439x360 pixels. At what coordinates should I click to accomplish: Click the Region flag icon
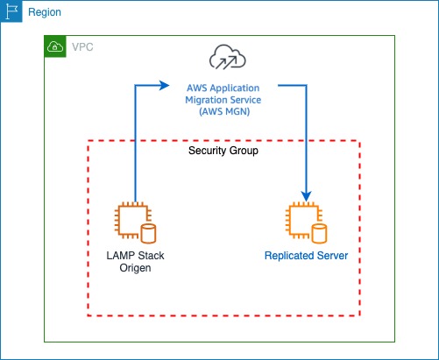pyautogui.click(x=11, y=11)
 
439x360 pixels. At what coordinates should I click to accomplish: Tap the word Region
pyautogui.click(x=45, y=12)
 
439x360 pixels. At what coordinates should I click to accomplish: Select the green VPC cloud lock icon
pyautogui.click(x=55, y=46)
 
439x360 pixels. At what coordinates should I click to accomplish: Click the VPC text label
pyautogui.click(x=82, y=47)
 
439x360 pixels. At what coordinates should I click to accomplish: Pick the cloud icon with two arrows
pyautogui.click(x=228, y=57)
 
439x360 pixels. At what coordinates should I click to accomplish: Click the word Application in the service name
pyautogui.click(x=235, y=88)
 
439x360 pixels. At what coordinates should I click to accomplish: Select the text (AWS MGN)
pyautogui.click(x=224, y=111)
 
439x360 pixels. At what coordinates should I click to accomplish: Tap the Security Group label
pyautogui.click(x=223, y=151)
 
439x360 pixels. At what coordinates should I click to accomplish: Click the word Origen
pyautogui.click(x=135, y=268)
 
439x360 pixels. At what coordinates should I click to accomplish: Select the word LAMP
pyautogui.click(x=120, y=256)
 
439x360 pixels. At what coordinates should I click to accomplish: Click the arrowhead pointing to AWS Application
pyautogui.click(x=165, y=85)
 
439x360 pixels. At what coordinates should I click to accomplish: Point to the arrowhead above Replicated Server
pyautogui.click(x=307, y=196)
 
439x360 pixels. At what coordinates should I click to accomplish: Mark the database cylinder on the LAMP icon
pyautogui.click(x=148, y=234)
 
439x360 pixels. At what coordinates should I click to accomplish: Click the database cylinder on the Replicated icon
pyautogui.click(x=319, y=234)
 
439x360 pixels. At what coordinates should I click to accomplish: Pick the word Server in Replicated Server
pyautogui.click(x=333, y=256)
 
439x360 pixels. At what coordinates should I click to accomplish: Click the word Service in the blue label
pyautogui.click(x=243, y=100)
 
